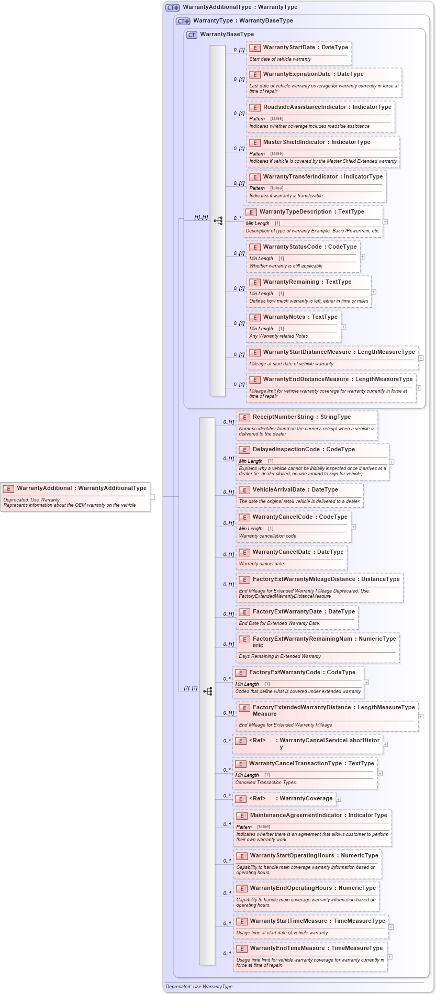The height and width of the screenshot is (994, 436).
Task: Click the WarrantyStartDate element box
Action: point(298,53)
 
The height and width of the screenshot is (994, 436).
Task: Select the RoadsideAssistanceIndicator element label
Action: point(327,107)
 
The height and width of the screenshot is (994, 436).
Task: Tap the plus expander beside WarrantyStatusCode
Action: point(363,257)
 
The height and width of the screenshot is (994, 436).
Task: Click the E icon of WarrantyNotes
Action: point(255,318)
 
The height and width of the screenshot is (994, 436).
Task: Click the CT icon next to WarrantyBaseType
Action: point(192,35)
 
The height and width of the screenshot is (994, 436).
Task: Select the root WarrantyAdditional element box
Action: point(75,496)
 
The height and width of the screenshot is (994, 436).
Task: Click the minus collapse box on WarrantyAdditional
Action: point(152,497)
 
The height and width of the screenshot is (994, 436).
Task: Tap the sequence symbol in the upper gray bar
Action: point(218,221)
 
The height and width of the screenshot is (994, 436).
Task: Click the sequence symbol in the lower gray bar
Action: point(207,691)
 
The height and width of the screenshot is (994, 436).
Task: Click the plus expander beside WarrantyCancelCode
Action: point(353,527)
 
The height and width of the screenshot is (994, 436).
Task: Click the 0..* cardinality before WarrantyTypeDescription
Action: point(237,218)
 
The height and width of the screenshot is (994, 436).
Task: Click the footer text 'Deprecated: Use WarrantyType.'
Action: point(199,987)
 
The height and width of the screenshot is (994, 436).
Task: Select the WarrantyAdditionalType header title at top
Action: point(240,7)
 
